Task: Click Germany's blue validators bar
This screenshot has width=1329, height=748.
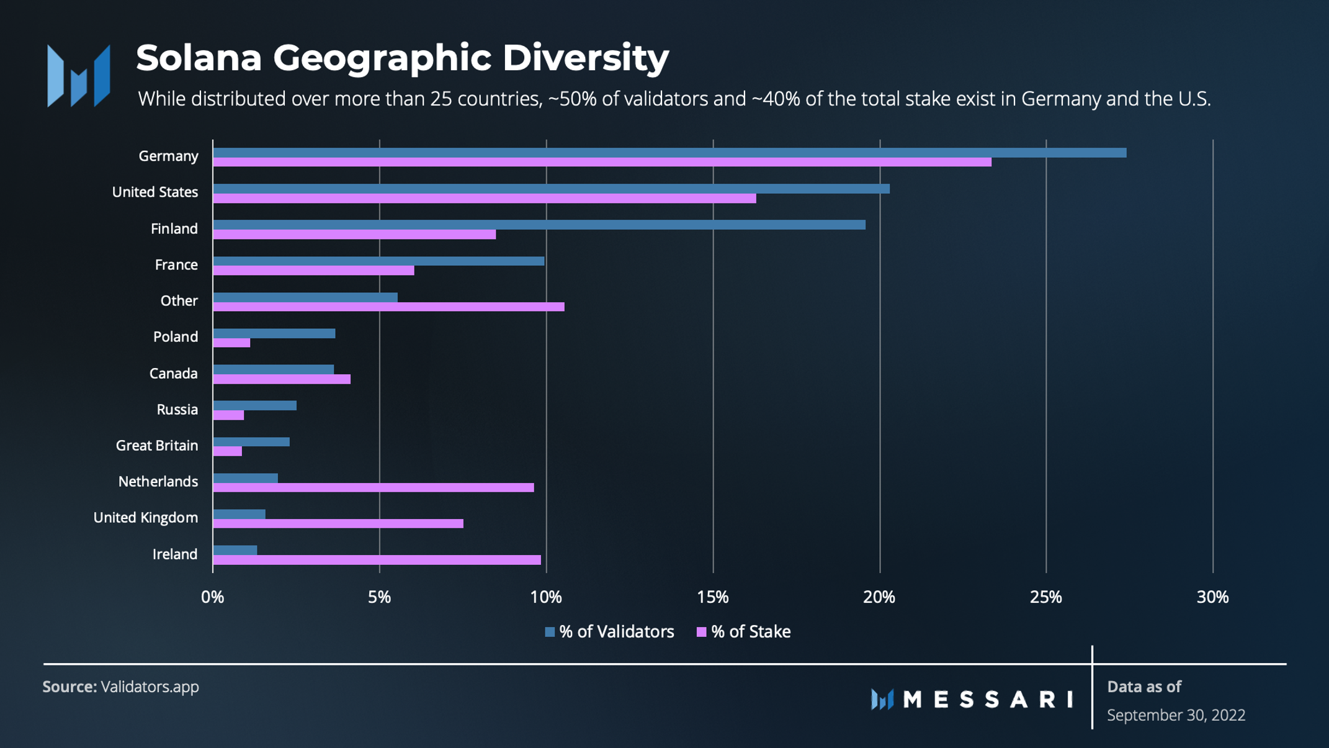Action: coord(669,153)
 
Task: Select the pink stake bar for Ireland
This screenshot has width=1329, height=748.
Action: coord(377,560)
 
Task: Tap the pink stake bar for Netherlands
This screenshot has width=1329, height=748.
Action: coord(373,488)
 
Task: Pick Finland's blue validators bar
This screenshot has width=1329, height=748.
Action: coord(539,225)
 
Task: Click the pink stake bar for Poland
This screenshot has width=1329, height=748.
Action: coord(231,343)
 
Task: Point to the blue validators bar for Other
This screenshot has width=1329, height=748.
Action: coord(305,297)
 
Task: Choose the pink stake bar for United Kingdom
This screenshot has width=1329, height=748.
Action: coord(338,524)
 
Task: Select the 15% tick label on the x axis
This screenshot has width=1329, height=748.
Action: coord(712,597)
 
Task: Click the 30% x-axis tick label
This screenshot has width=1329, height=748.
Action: coord(1212,597)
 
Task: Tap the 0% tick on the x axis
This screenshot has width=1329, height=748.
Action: coord(212,597)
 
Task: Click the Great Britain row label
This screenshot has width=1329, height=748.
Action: coord(157,446)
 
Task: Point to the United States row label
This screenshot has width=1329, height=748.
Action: coord(155,192)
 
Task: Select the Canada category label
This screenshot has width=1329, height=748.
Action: coord(173,374)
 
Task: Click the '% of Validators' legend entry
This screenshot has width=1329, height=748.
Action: coord(609,632)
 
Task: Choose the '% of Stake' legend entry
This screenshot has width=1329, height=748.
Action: coord(744,632)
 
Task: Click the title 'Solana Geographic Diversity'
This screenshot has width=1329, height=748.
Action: coord(402,58)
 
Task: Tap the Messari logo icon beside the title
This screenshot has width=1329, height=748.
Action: coord(79,76)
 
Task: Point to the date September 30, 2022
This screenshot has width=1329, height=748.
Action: coord(1176,715)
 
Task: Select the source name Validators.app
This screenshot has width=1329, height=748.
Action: coord(150,687)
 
